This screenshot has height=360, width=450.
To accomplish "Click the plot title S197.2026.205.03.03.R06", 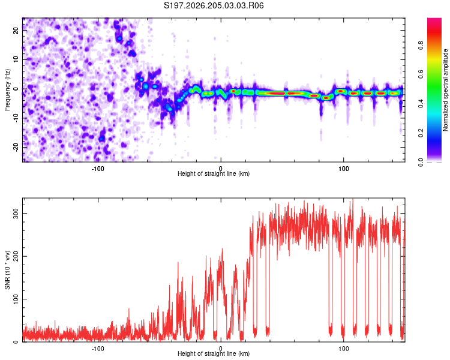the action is tap(214, 5).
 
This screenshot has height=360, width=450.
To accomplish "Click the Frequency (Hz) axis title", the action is tap(7, 90).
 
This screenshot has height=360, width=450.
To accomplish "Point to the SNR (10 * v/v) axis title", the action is tap(7, 270).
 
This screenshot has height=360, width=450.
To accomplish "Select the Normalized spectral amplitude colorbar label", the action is tap(445, 90).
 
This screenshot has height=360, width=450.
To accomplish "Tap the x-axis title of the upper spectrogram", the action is tap(214, 173).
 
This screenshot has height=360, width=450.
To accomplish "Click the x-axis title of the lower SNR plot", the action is tap(214, 353).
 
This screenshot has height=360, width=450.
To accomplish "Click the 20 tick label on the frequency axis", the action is tap(16, 31).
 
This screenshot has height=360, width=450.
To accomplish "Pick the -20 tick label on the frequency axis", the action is tap(16, 148).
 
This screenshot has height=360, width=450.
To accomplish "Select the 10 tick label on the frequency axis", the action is tap(16, 59).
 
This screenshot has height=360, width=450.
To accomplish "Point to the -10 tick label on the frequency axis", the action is tap(16, 118).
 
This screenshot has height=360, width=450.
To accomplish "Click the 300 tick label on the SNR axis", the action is tap(16, 214).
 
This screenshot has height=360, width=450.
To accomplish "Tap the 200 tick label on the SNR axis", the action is tap(16, 256).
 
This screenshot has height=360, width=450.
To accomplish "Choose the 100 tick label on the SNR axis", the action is tap(16, 299).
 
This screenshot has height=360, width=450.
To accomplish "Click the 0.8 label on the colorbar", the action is tap(421, 46).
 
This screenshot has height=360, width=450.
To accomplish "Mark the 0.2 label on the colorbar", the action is tap(421, 133).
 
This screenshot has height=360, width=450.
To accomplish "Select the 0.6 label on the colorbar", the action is tap(421, 74).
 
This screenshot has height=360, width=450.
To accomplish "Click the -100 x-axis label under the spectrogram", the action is tap(98, 169).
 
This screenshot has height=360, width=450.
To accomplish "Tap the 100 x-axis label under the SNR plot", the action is tap(344, 349).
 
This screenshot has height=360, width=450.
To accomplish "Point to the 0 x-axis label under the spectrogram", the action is tap(220, 169).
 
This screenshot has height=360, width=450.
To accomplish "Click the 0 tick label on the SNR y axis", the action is tap(16, 342).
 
